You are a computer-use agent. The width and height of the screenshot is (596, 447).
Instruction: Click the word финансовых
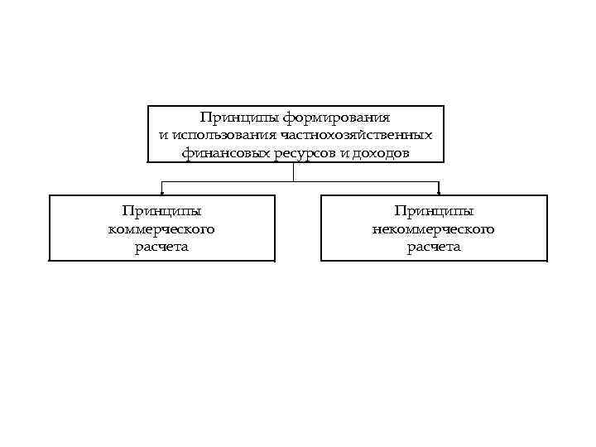click(219, 153)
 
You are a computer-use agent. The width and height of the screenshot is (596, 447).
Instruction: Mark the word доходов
click(381, 153)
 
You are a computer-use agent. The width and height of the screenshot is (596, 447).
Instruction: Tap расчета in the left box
click(161, 247)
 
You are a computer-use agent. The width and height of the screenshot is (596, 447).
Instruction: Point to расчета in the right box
click(434, 247)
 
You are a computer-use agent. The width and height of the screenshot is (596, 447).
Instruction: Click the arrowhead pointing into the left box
click(161, 192)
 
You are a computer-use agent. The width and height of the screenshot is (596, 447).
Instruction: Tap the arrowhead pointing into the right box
click(438, 192)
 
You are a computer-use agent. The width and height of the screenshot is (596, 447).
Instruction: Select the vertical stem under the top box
click(294, 171)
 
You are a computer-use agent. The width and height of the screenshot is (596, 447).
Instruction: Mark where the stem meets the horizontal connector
click(294, 180)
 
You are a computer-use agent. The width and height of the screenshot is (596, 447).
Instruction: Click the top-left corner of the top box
click(148, 106)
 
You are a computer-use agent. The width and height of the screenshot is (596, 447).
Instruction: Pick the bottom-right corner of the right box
click(547, 261)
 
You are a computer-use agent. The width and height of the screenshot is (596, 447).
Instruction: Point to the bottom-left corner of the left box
click(50, 261)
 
